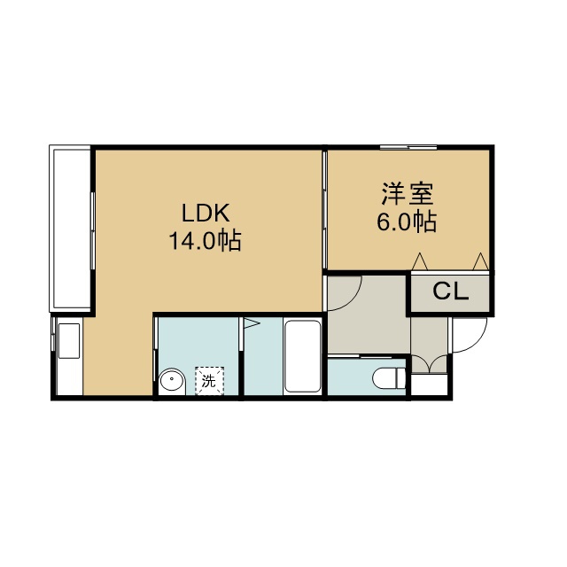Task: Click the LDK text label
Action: point(206,213)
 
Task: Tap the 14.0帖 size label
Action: point(205,240)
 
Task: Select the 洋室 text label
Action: point(408,195)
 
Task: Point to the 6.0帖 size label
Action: point(407,221)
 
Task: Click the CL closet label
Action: point(451,291)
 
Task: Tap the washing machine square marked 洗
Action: point(209,381)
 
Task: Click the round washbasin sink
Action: point(172,382)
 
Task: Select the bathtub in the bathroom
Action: point(302,355)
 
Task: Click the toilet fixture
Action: point(389,378)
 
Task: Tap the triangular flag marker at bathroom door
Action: point(252,322)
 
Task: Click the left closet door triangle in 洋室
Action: point(420,261)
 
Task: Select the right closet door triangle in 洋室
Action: point(481,261)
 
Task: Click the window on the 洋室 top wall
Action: point(408,147)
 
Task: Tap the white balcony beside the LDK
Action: point(70,229)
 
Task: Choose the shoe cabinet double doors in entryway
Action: point(429,363)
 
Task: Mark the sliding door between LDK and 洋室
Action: point(325,210)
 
